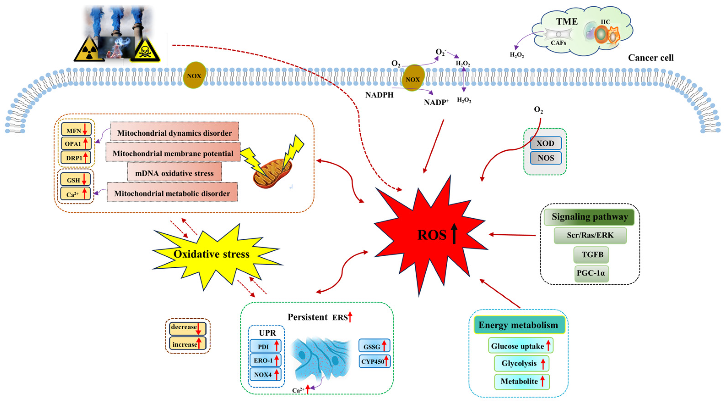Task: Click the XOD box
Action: [546, 143]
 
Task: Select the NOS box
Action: [546, 158]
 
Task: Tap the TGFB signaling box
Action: [591, 255]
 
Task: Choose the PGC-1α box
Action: [591, 273]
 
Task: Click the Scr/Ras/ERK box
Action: [590, 235]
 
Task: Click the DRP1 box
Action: [76, 158]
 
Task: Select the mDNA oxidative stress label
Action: [174, 173]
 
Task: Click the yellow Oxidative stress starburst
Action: [212, 254]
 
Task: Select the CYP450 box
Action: [374, 361]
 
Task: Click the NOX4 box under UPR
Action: [265, 374]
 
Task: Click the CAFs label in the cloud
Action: [558, 43]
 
